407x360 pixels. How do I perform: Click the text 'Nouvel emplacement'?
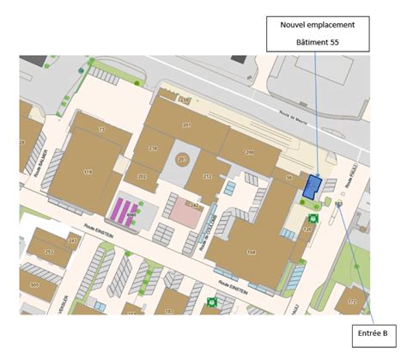tap(318, 25)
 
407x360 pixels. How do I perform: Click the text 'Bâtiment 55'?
tap(318, 41)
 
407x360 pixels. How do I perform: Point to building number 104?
tap(252, 251)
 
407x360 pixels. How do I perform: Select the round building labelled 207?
tap(182, 160)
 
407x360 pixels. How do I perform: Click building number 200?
tap(250, 152)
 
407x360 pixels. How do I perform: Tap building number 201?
tap(186, 125)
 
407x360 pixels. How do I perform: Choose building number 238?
tap(153, 149)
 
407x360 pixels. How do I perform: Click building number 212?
tap(207, 176)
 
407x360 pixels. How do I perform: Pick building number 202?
tap(142, 176)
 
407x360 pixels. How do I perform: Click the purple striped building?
tap(126, 211)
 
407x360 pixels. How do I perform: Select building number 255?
tap(49, 251)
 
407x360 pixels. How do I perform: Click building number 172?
tap(351, 301)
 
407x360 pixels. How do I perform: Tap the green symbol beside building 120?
tap(315, 218)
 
